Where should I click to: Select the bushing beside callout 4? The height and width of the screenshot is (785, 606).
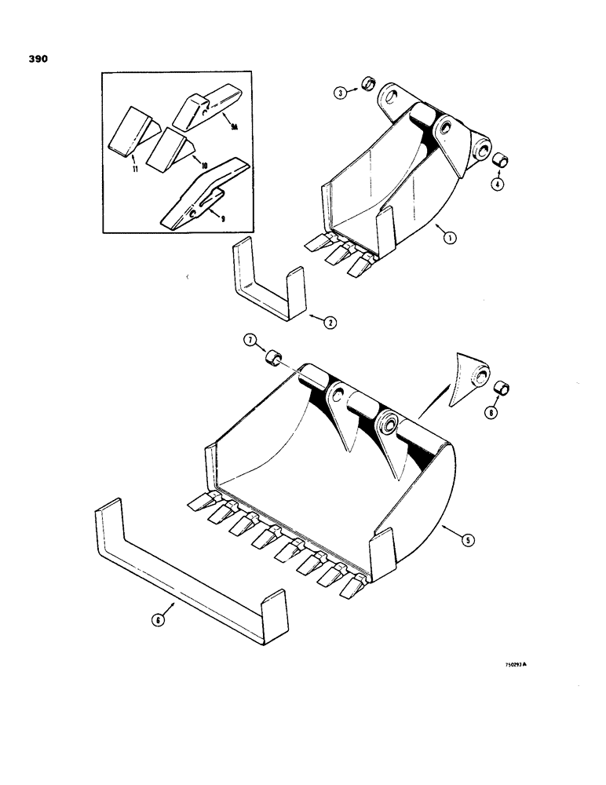coord(500,159)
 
